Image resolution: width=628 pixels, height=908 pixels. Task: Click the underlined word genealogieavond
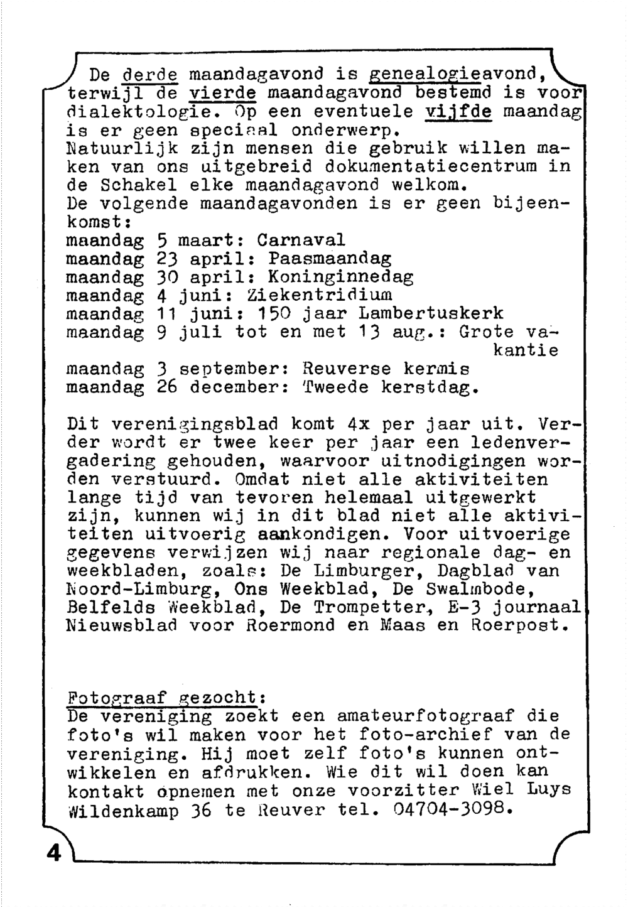tap(455, 74)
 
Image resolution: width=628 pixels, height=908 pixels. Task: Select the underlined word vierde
tap(223, 93)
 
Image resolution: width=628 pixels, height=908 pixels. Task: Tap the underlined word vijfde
tap(458, 112)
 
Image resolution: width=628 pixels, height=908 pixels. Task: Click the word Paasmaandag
tap(330, 258)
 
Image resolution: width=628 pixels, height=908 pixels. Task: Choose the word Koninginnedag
tap(341, 276)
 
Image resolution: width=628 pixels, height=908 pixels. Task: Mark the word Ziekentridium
tap(320, 295)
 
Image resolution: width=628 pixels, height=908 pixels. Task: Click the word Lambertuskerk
tap(431, 313)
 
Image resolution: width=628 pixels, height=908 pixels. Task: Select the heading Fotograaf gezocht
tap(166, 698)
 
